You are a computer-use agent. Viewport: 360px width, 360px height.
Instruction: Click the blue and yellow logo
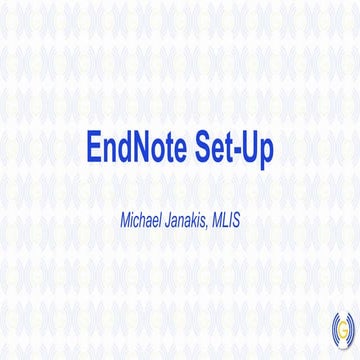[341, 326]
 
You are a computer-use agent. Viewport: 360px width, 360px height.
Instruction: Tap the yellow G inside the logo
[341, 327]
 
